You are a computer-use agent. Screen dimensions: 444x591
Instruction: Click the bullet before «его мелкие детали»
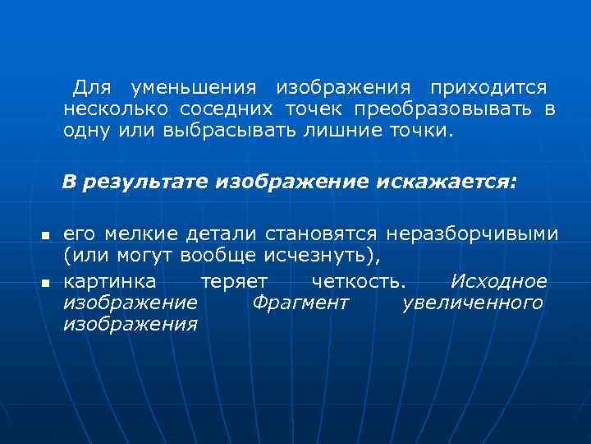pyautogui.click(x=46, y=237)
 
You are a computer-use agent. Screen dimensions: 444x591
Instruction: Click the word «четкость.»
pyautogui.click(x=359, y=281)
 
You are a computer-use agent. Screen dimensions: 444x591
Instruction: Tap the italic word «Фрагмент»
pyautogui.click(x=300, y=303)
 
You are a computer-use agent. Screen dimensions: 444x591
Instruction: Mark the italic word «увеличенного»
pyautogui.click(x=473, y=303)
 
